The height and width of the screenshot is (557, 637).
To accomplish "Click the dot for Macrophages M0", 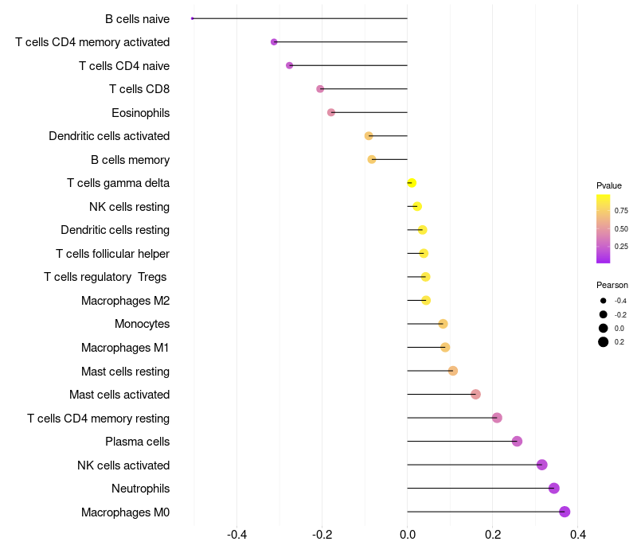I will (x=565, y=512).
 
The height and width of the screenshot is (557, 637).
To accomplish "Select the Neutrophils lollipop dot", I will (x=554, y=489).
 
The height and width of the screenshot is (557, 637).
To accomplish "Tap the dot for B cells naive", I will (x=193, y=18).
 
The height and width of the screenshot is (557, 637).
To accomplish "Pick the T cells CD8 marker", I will (x=320, y=89).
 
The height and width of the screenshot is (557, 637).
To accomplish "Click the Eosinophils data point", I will (x=331, y=112).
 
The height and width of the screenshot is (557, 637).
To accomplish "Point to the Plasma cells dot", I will (x=517, y=442).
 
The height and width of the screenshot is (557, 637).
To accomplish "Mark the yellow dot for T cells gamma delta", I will (x=412, y=183).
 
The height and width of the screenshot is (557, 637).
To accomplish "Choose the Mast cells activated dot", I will (x=475, y=395).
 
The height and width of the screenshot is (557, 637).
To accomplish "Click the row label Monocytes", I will (x=142, y=324).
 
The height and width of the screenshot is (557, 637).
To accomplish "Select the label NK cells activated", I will (x=123, y=465).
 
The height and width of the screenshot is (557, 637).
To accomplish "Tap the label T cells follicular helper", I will (x=112, y=254).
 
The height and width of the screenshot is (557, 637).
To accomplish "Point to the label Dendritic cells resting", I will (x=115, y=230).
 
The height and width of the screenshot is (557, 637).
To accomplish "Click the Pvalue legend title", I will (x=609, y=185).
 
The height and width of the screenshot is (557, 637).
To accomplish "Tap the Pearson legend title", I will (x=612, y=285).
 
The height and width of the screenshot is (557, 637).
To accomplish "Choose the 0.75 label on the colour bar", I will (x=621, y=211).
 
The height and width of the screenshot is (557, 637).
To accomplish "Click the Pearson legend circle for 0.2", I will (x=604, y=342).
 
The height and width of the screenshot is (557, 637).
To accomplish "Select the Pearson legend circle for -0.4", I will (x=604, y=301).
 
